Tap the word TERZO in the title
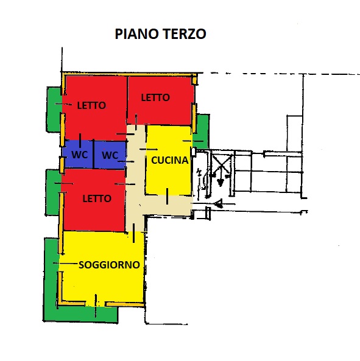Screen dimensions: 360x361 tap(185, 34)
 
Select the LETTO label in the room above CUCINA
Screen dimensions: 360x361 tap(155, 97)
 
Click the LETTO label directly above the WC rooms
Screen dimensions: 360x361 tap(91, 105)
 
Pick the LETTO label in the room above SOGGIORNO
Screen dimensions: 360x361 tap(97, 198)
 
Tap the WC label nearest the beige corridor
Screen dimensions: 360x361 tap(110, 155)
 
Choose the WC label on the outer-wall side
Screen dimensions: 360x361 tap(80, 155)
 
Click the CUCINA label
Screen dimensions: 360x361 tap(170, 160)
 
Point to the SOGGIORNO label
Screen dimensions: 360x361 tap(109, 265)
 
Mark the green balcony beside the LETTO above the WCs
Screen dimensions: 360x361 tap(54, 110)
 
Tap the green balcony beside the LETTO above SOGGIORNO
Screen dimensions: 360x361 tap(53, 192)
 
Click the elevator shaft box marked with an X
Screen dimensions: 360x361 tap(221, 164)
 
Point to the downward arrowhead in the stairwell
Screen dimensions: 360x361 tap(221, 182)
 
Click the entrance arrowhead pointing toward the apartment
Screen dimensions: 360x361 tap(218, 203)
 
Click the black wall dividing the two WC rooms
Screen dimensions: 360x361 tap(94, 154)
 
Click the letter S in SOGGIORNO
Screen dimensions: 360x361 tap(81, 265)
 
